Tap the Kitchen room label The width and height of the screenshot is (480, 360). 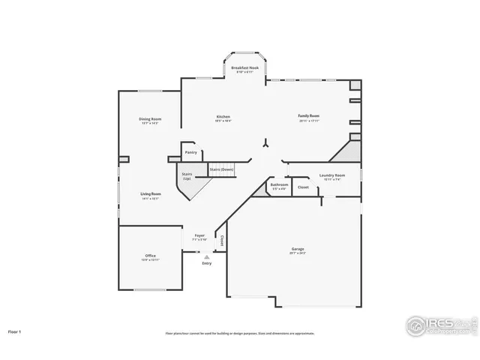click(223, 117)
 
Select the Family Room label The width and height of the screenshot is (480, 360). click(308, 116)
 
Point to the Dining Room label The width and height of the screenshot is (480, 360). click(150, 119)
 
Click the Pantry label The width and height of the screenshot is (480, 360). click(191, 152)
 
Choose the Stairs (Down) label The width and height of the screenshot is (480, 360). click(221, 169)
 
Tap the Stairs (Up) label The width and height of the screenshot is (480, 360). click(187, 175)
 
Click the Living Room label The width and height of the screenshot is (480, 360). click(151, 194)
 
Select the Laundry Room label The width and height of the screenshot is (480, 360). click(331, 175)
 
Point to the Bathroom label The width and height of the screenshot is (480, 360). click(279, 184)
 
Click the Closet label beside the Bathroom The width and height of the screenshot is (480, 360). click(303, 187)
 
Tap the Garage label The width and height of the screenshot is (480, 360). click(298, 249)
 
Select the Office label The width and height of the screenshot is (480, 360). click(151, 256)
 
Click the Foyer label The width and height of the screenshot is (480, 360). click(199, 235)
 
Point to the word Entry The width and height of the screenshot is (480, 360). click(206, 263)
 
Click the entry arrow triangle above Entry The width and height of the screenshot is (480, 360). click(206, 256)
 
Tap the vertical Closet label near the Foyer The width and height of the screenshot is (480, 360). click(222, 241)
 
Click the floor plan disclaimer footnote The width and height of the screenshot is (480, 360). click(240, 333)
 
